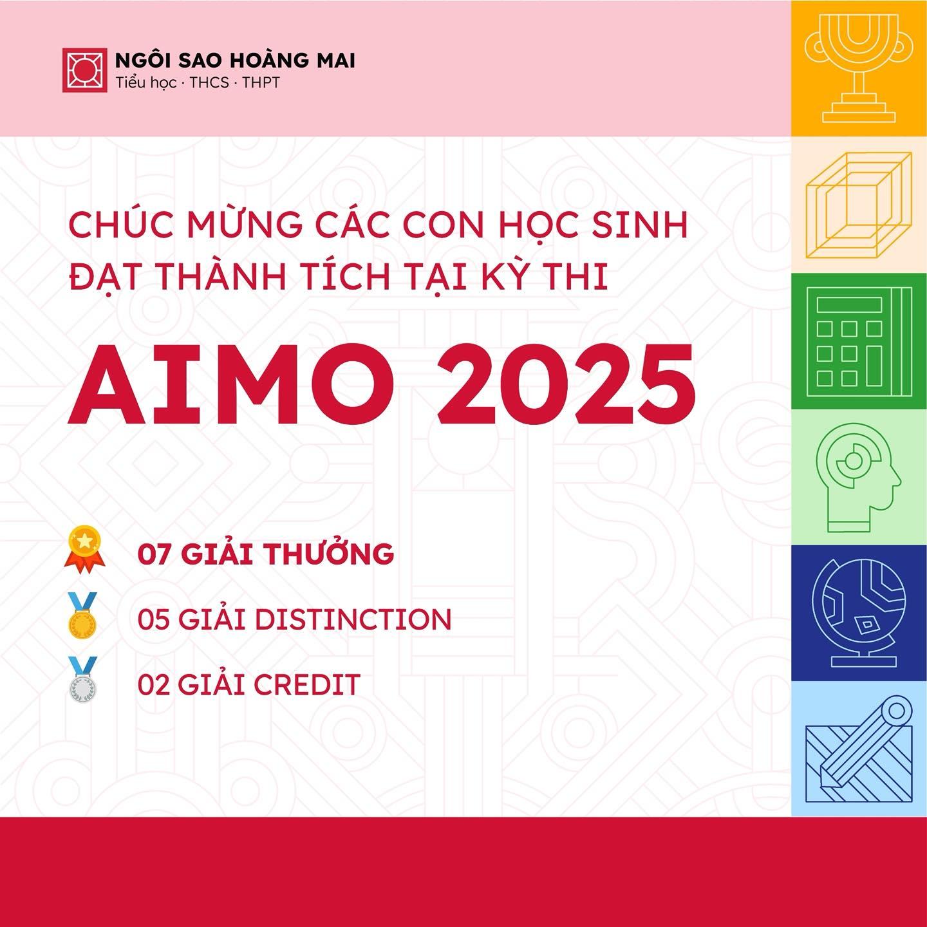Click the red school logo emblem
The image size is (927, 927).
pyautogui.click(x=84, y=70)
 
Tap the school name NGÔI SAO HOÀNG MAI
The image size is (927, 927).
pyautogui.click(x=235, y=61)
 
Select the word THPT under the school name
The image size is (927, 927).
pyautogui.click(x=261, y=82)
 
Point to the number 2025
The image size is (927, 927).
pyautogui.click(x=566, y=386)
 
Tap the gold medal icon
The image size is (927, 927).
pyautogui.click(x=83, y=616)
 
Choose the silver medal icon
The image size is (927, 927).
pyautogui.click(x=83, y=680)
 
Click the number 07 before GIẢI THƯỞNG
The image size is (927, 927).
pyautogui.click(x=154, y=554)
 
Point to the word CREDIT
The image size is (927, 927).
pyautogui.click(x=306, y=684)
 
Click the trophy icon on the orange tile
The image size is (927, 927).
pyautogui.click(x=859, y=68)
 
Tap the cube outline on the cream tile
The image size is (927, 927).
pyautogui.click(x=859, y=205)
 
